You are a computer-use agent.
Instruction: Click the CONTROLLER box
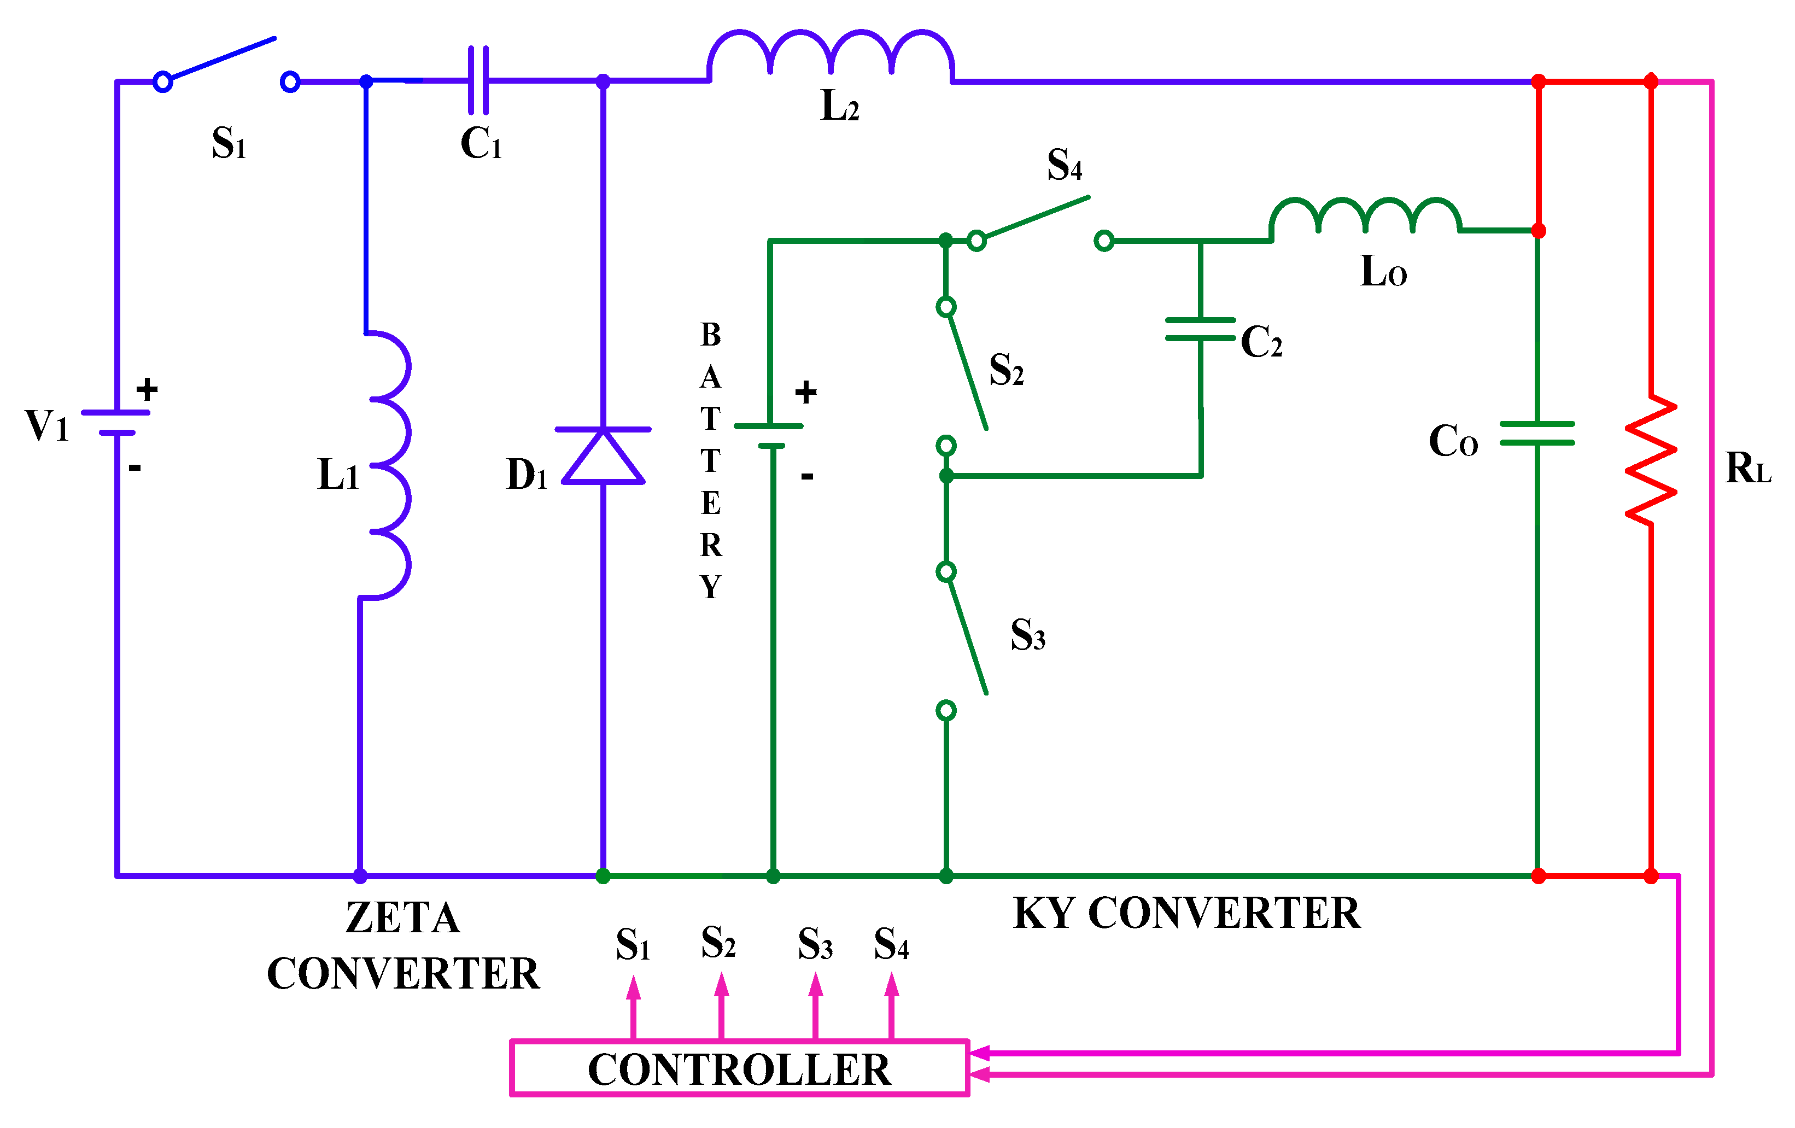739,1068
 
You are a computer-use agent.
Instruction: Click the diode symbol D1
603,455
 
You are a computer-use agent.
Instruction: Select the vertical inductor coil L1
389,465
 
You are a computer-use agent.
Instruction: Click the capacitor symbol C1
478,80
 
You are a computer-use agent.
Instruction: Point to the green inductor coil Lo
1364,215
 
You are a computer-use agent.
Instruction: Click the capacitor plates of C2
1200,329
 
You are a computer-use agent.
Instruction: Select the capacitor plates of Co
1537,433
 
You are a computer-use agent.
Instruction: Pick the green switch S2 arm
966,369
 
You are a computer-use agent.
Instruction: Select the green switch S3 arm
966,634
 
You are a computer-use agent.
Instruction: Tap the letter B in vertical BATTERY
710,335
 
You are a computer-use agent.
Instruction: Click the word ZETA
402,917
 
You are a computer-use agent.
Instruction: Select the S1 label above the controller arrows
632,945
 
